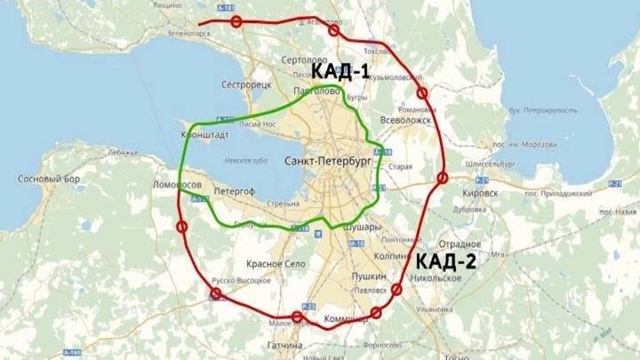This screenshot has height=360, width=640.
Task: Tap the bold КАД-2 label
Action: tap(446, 262)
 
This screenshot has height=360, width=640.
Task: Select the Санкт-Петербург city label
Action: tap(327, 160)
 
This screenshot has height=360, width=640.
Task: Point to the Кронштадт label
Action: tap(204, 132)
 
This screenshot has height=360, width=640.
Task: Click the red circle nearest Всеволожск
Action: tap(422, 94)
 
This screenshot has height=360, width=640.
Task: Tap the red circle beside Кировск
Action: tap(441, 179)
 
